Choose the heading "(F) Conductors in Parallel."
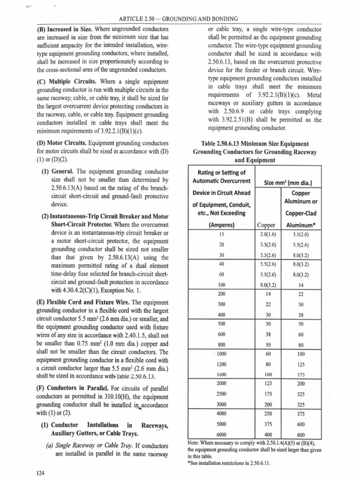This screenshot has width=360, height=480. [70, 389]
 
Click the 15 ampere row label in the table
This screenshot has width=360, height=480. [222, 234]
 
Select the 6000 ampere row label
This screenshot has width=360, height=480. [222, 434]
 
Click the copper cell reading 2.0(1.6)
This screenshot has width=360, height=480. [268, 234]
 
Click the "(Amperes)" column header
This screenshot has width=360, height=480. [222, 225]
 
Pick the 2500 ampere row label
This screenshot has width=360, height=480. [222, 394]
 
